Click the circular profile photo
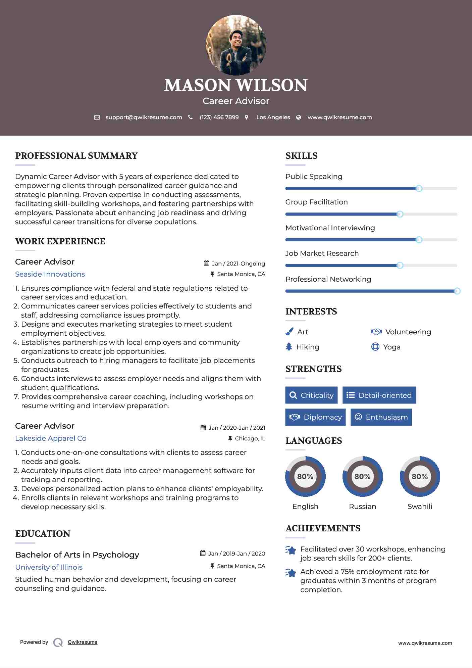236,45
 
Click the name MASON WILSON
236,85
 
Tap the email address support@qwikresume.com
144,117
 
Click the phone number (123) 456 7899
219,117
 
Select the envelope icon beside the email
97,117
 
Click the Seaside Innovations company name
50,274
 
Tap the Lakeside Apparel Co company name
51,438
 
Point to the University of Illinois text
49,567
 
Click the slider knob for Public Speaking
419,188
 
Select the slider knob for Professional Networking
457,291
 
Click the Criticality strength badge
311,395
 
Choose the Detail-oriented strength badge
379,395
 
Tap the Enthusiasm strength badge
381,417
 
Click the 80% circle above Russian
362,476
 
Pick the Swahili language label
420,506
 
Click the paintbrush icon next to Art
289,332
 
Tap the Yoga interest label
392,347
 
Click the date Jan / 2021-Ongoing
238,264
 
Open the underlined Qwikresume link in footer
83,642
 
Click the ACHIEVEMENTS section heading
323,528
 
